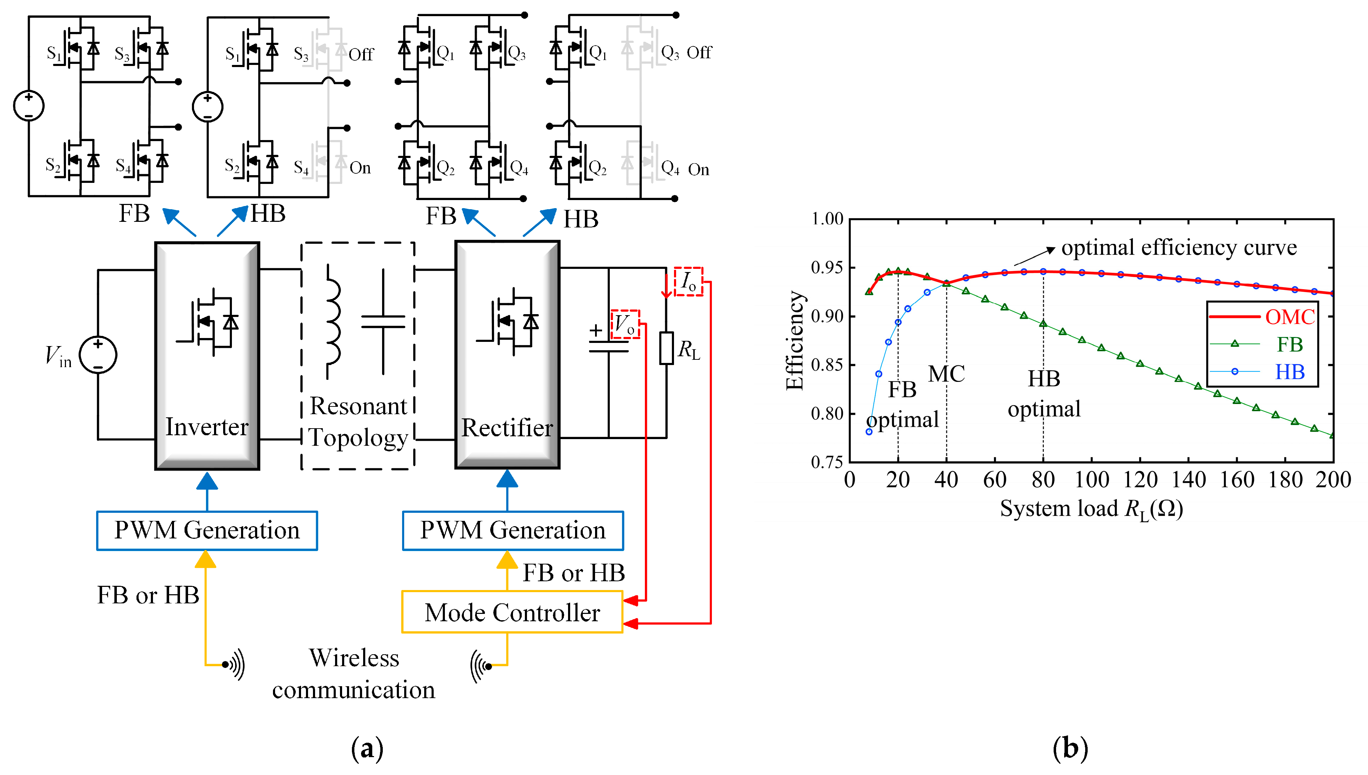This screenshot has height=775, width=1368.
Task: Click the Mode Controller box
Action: [x=512, y=612]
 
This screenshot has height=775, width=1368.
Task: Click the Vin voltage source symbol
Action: [x=98, y=355]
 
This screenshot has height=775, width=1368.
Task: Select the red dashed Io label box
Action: [x=688, y=281]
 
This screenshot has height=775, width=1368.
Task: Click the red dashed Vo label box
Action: [x=625, y=324]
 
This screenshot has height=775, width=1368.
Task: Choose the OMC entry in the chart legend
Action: [x=1289, y=317]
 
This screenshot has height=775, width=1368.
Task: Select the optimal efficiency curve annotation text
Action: [x=1179, y=247]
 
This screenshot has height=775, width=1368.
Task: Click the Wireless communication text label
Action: [x=354, y=673]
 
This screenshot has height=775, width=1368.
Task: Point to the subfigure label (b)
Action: [x=1070, y=748]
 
